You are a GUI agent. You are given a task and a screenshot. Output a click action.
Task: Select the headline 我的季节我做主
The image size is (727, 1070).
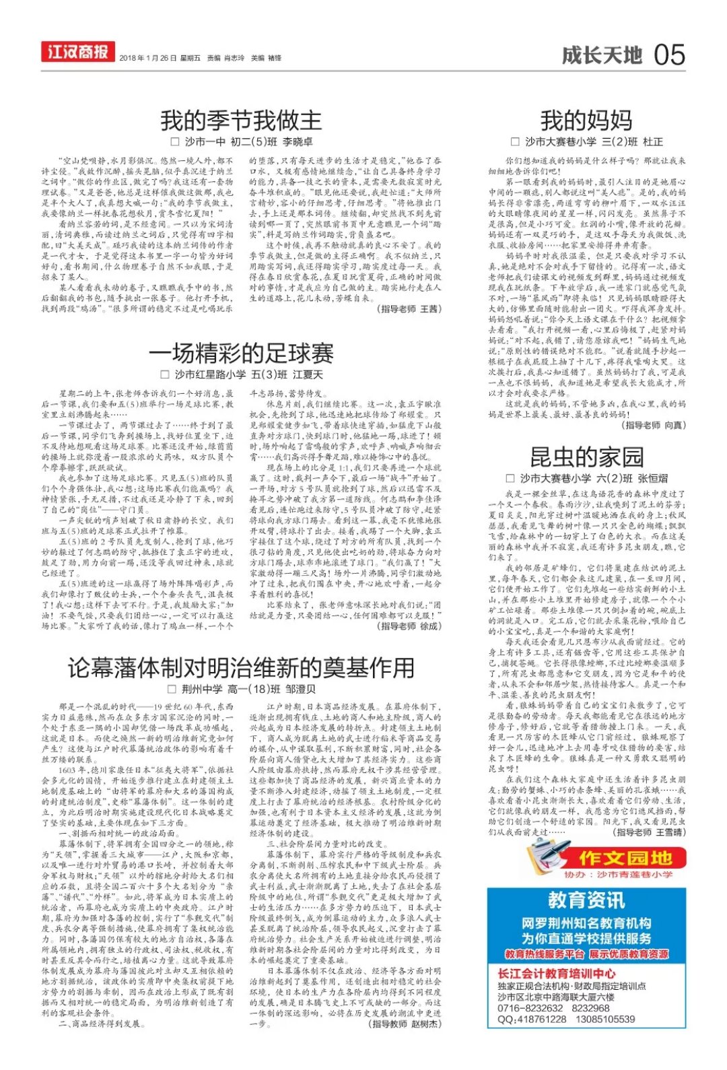coord(241,121)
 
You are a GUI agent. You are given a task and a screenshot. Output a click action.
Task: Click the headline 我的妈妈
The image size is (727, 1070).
coord(586,121)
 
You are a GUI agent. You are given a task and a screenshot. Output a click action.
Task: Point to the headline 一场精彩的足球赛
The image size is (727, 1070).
coord(241,353)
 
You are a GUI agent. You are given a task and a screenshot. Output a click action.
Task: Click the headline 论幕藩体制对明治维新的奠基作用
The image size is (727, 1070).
coord(241,667)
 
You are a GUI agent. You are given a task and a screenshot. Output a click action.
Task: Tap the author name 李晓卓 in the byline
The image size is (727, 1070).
coord(298,142)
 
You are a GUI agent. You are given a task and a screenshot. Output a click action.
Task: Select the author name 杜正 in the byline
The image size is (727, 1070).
coord(652,142)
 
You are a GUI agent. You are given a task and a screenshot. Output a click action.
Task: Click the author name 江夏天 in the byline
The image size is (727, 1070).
coord(308,374)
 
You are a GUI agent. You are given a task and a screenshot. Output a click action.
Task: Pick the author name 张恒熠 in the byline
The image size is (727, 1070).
coord(652,478)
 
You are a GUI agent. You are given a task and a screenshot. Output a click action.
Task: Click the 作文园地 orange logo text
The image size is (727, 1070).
coord(625,857)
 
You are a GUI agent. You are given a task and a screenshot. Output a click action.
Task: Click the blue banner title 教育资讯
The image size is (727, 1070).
coord(586,900)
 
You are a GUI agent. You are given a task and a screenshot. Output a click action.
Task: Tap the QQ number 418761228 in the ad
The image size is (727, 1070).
coord(542,1019)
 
